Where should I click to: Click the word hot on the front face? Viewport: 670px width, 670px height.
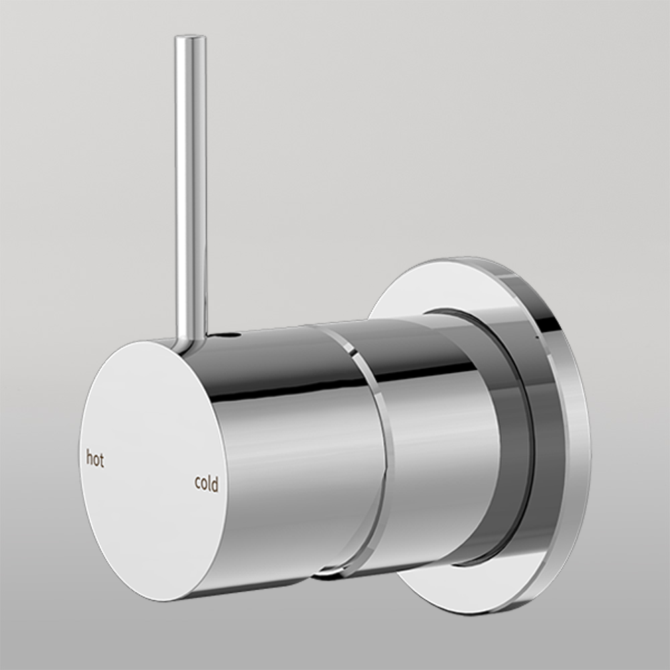(x=95, y=460)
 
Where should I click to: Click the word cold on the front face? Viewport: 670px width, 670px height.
(x=206, y=484)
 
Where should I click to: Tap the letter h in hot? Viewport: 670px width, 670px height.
(x=89, y=459)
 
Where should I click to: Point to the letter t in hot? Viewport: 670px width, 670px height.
(x=102, y=461)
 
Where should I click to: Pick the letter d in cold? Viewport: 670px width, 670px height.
(x=215, y=484)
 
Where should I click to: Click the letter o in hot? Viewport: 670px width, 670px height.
(x=96, y=461)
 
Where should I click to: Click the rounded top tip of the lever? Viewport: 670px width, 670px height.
(x=191, y=40)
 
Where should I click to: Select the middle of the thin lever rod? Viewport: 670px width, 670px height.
(x=190, y=188)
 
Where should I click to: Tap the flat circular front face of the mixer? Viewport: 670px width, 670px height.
(x=147, y=469)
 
